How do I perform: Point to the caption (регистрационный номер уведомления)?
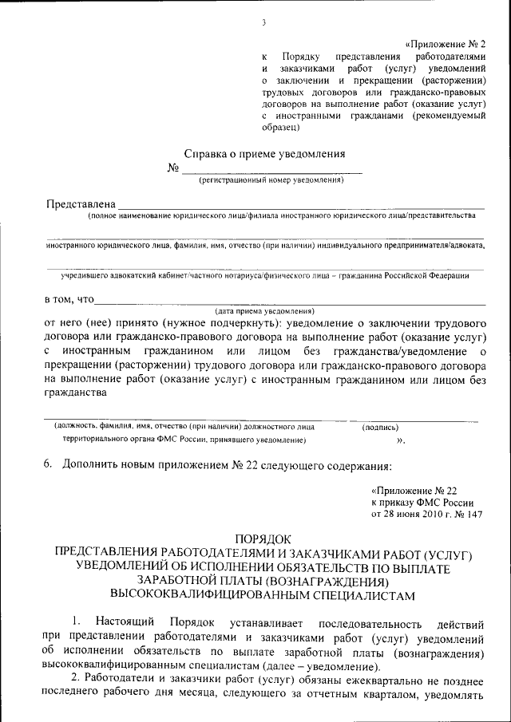pyautogui.click(x=271, y=180)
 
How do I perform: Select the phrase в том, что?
pyautogui.click(x=69, y=300)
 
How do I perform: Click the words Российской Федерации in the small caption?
pyautogui.click(x=431, y=275)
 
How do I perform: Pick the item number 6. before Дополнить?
pyautogui.click(x=48, y=464)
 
